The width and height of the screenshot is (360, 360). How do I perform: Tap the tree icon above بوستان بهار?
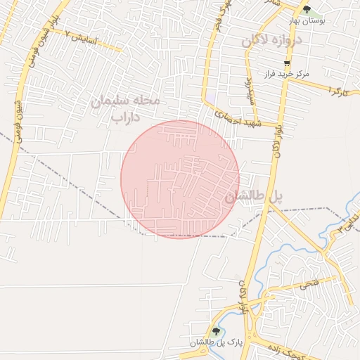tap(307, 9)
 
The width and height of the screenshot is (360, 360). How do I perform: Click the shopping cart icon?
tap(287, 63)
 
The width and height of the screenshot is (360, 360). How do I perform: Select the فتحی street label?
tap(309, 285)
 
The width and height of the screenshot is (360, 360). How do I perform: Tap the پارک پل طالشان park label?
tap(211, 342)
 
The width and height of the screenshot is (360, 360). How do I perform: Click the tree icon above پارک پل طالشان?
tap(216, 330)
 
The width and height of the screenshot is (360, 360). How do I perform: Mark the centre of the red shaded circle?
tap(180, 179)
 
